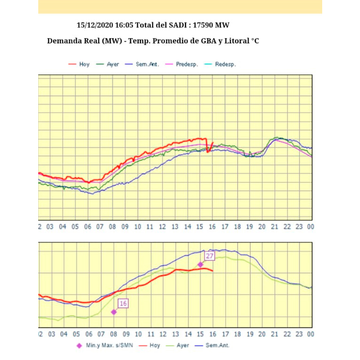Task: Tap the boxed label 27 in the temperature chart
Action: pyautogui.click(x=209, y=256)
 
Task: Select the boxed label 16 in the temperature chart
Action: pyautogui.click(x=123, y=304)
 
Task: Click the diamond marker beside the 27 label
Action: pyautogui.click(x=200, y=265)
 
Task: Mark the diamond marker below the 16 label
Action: pyautogui.click(x=114, y=312)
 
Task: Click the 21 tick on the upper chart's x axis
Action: pyautogui.click(x=274, y=227)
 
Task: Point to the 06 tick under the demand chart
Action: pyautogui.click(x=87, y=227)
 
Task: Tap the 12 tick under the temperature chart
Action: pyautogui.click(x=162, y=334)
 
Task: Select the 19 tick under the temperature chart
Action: pyautogui.click(x=249, y=334)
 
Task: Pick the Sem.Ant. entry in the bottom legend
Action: pyautogui.click(x=217, y=346)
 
